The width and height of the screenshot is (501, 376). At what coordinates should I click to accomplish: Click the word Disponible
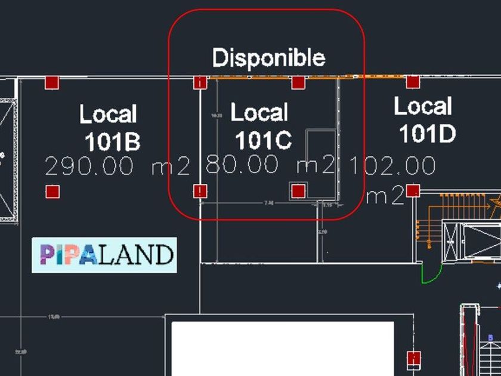tap(268, 58)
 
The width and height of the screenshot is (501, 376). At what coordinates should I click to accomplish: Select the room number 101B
tap(112, 142)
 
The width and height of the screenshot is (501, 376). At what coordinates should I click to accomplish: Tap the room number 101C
tap(263, 140)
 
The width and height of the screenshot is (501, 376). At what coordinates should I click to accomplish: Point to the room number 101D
tap(427, 134)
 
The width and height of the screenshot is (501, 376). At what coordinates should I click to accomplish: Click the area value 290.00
tap(89, 166)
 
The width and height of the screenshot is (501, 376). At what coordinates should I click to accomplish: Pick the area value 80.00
tap(242, 165)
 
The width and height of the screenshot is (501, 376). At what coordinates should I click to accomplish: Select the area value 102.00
tap(392, 165)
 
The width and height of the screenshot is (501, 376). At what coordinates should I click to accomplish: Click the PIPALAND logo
tap(104, 255)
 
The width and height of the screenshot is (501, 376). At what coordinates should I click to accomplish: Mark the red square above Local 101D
tap(413, 82)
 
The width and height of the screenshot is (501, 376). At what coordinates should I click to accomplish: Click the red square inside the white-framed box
tap(298, 190)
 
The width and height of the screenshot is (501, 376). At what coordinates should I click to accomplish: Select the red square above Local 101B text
tap(52, 82)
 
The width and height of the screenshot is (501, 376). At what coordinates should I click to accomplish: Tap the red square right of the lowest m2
tap(413, 191)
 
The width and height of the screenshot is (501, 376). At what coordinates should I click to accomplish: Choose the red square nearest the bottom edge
tap(413, 359)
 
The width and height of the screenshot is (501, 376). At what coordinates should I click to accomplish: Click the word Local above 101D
tap(422, 107)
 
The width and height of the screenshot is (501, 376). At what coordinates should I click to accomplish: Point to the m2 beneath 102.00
tap(385, 196)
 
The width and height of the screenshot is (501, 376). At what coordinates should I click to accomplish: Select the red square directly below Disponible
tap(298, 82)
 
